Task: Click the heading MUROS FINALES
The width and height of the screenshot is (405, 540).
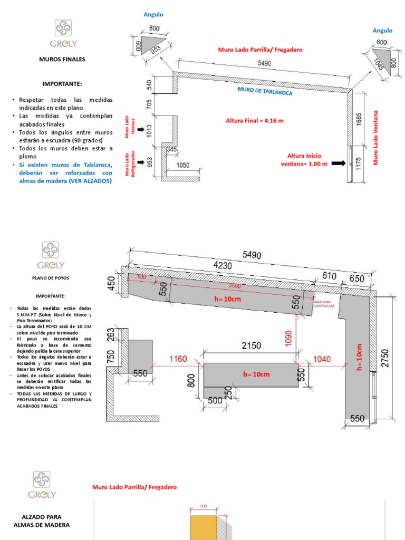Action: point(62,60)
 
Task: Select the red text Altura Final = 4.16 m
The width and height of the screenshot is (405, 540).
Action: point(255,121)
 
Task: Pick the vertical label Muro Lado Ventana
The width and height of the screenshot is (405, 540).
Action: point(376,138)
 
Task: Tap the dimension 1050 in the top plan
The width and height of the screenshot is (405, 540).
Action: point(183,165)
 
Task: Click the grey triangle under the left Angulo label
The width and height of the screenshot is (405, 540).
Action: point(150,43)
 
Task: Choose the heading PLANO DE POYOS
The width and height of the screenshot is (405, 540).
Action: point(54,277)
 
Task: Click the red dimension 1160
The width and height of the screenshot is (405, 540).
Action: point(178,359)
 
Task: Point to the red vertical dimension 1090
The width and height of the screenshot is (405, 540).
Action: point(288,338)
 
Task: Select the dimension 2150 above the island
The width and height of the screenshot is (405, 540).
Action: point(251,346)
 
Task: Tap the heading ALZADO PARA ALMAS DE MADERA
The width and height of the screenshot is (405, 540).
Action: point(41,521)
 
